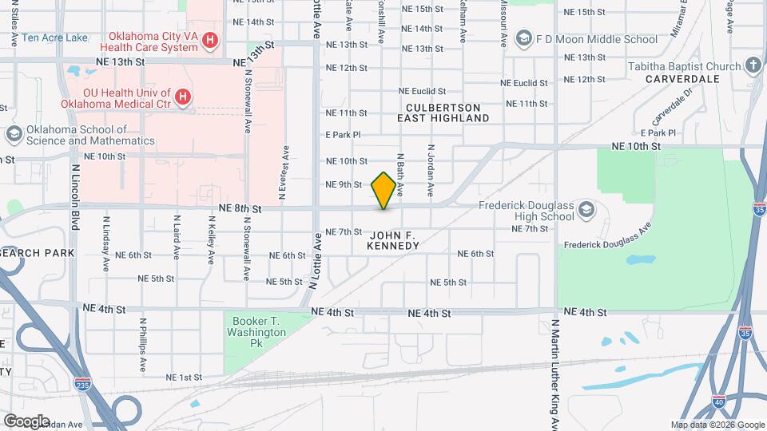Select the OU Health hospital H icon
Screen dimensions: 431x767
click(x=183, y=97)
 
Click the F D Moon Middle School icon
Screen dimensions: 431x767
click(x=523, y=38)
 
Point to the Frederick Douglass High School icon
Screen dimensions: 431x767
click(x=586, y=210)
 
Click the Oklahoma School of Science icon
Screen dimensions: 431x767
click(x=13, y=135)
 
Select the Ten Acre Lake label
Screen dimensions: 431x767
click(x=55, y=38)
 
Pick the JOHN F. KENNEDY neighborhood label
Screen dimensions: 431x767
click(x=393, y=239)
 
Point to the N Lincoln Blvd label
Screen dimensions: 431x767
click(x=75, y=197)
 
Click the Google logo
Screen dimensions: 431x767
click(x=26, y=421)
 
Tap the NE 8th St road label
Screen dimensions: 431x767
click(x=240, y=208)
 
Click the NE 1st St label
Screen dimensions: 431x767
click(x=184, y=377)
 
